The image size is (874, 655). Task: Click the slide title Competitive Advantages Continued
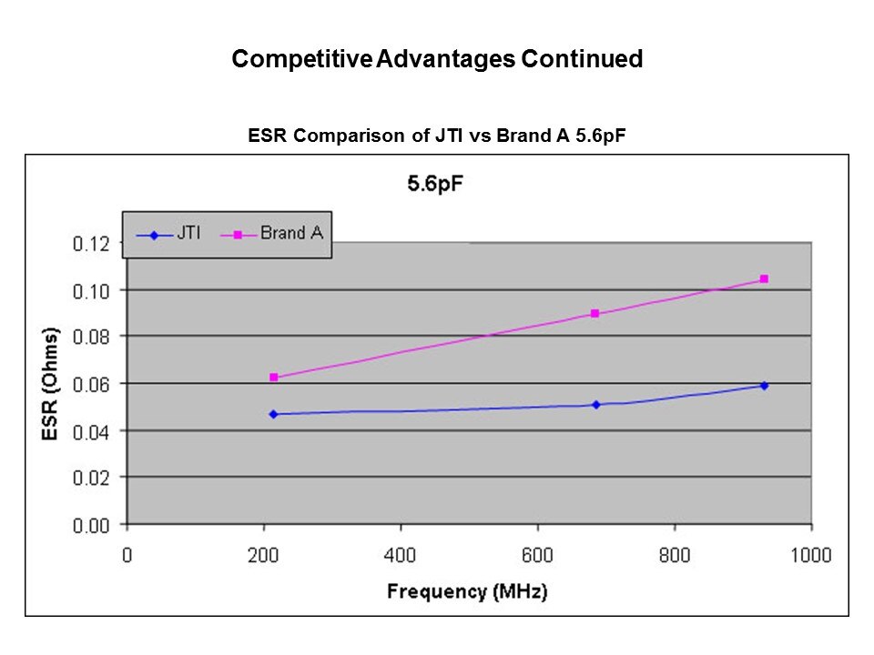click(x=437, y=60)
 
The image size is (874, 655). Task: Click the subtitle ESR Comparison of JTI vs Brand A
click(x=437, y=136)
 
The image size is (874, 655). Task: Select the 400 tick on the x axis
click(x=401, y=555)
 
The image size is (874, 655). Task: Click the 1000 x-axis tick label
click(x=810, y=555)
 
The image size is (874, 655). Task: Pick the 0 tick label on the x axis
click(x=127, y=555)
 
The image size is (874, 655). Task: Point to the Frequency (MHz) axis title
click(x=468, y=591)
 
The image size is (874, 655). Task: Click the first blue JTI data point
click(x=273, y=414)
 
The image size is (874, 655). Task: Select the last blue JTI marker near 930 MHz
click(x=764, y=386)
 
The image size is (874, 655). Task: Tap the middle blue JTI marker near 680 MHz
click(x=596, y=405)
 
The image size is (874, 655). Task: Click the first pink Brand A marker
click(x=273, y=378)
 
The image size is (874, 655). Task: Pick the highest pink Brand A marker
click(x=764, y=279)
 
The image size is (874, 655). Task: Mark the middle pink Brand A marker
click(x=595, y=314)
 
